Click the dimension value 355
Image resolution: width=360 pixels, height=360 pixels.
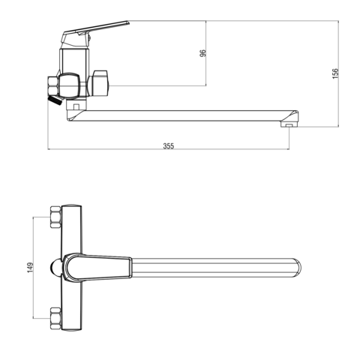168,145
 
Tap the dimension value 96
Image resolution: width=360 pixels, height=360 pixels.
203,53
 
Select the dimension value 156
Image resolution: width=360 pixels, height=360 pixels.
335,73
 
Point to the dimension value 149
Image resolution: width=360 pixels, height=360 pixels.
30,267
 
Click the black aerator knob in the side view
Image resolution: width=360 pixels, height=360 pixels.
55,100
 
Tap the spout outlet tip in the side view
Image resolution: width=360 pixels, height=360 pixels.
289,124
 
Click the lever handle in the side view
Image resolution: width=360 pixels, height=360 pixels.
95,30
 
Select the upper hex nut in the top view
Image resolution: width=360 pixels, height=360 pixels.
55,217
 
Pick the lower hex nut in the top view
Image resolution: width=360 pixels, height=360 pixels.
55,318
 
